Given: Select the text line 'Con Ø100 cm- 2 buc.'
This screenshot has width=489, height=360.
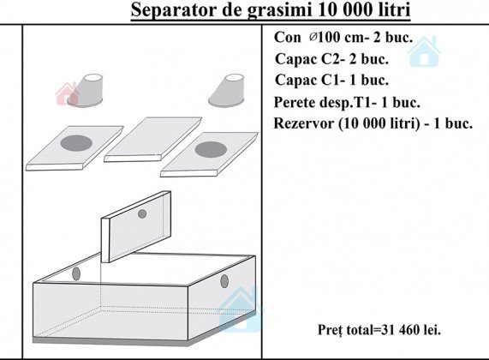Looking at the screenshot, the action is click(343, 38).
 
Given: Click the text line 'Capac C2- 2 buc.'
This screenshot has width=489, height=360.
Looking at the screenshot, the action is click(331, 59).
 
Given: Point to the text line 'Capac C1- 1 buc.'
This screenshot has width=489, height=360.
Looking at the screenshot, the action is click(331, 81).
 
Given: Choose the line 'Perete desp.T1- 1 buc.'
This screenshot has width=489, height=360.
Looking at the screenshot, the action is click(347, 102).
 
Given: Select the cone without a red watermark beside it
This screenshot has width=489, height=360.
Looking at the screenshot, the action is click(226, 91).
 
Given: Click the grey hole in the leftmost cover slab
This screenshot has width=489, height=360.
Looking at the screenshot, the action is click(76, 143).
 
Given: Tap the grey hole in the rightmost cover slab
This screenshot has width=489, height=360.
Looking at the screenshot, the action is click(211, 149).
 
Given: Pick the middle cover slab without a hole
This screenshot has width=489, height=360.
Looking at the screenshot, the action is click(152, 139).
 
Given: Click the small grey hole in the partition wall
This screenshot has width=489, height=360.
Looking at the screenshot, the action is click(142, 214).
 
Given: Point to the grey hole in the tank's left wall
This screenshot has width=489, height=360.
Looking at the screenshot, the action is click(76, 273).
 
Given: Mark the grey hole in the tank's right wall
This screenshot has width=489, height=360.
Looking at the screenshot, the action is click(224, 281).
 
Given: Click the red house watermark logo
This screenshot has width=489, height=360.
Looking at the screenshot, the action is click(67, 93).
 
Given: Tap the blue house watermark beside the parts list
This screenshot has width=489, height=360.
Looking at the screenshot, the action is click(424, 51).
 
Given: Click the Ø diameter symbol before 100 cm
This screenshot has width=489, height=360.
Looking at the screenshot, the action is click(313, 37).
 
